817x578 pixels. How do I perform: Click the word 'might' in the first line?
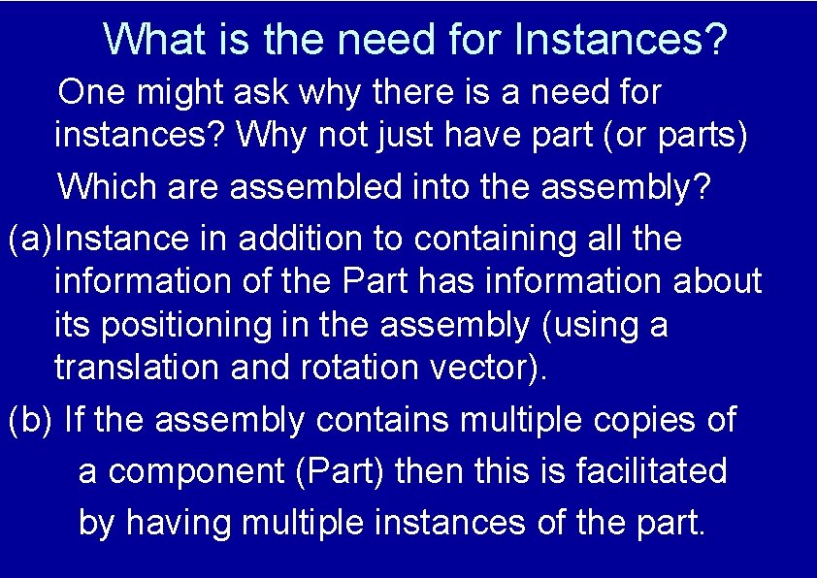[x=178, y=93]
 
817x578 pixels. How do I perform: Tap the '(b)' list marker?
[x=30, y=421]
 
